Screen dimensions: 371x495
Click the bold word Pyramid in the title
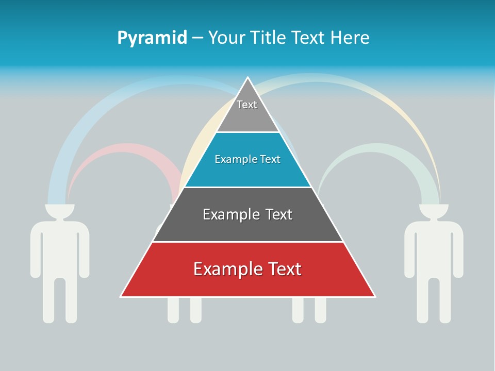point(152,38)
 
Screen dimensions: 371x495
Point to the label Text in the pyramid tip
point(247,105)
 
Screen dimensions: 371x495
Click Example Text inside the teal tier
point(247,159)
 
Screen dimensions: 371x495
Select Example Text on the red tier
point(247,269)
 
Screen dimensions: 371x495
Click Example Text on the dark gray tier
point(247,214)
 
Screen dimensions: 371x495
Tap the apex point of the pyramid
point(248,79)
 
